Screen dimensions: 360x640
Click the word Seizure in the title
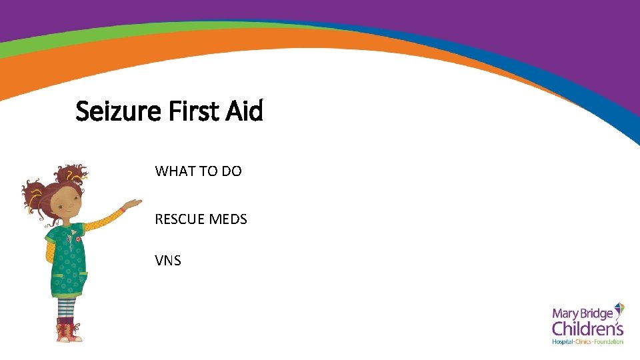(x=119, y=111)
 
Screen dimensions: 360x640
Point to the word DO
(x=231, y=171)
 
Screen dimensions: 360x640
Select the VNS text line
(x=168, y=261)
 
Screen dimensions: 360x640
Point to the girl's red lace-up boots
(x=68, y=330)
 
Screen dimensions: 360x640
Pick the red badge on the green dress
(x=79, y=238)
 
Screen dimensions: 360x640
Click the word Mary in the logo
(x=565, y=314)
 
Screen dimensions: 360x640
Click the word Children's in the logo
(x=587, y=329)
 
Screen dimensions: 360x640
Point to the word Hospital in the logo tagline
(x=563, y=342)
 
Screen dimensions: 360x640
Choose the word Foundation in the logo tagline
(x=609, y=342)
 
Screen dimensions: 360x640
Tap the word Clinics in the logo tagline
(x=585, y=342)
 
